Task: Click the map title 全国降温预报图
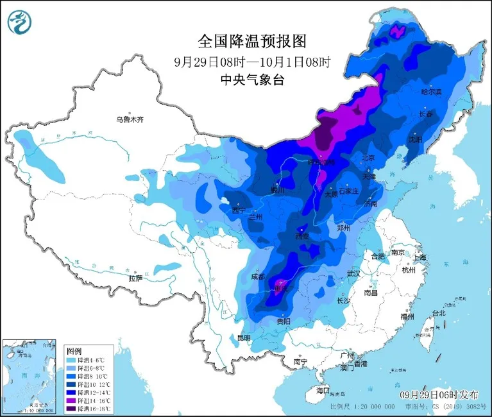pos(252,42)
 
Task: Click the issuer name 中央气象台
pos(252,80)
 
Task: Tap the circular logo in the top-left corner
pos(21,23)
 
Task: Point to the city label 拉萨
pos(135,278)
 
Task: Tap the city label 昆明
pos(245,337)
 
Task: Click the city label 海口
pos(322,390)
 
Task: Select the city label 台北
pos(438,313)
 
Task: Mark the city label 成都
pos(258,277)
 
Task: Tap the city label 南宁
pos(300,362)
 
